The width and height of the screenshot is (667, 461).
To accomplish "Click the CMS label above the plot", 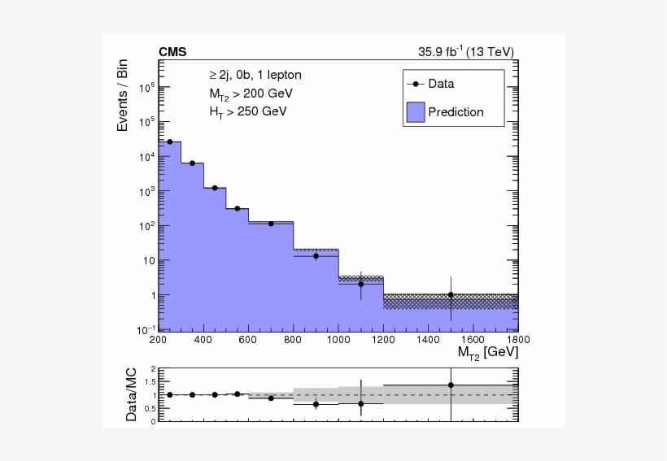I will click(x=172, y=52).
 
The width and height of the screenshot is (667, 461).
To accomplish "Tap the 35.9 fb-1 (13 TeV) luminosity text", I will click(x=466, y=52).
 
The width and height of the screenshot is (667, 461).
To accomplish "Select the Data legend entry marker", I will click(x=416, y=84).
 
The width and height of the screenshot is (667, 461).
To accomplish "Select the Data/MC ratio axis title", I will click(x=131, y=394).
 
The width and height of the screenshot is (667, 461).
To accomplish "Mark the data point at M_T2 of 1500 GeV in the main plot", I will click(x=451, y=295).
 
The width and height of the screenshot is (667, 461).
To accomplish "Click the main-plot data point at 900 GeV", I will click(x=316, y=256).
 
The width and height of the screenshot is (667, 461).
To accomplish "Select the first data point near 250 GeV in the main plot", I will click(x=170, y=141).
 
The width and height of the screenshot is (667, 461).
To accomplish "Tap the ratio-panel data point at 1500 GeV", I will click(x=451, y=385).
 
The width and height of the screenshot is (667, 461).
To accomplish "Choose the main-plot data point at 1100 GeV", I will click(x=360, y=284).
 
